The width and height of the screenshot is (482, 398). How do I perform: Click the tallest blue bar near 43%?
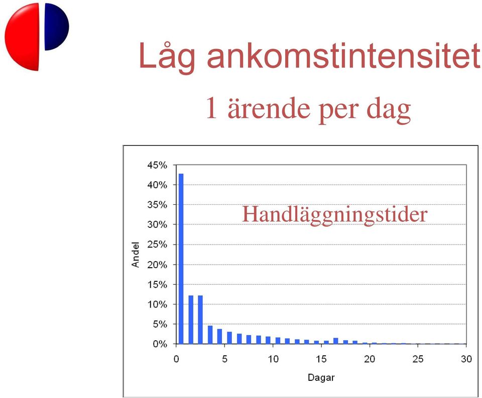[181, 259]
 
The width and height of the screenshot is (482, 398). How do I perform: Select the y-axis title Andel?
[135, 255]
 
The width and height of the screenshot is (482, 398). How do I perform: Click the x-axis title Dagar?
[321, 378]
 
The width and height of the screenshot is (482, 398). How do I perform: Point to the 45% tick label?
[157, 166]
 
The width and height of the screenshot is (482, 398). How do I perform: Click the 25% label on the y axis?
[157, 245]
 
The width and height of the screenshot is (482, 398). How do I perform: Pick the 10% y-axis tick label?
[157, 304]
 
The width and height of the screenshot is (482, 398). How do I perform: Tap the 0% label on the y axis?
[160, 344]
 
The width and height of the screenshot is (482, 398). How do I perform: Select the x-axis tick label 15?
[321, 359]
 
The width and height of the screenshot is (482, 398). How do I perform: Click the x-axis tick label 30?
[466, 359]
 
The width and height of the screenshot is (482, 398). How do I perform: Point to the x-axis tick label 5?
[225, 359]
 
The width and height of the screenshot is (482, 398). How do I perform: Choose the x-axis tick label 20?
[370, 359]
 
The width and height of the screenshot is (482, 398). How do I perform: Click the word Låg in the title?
[167, 56]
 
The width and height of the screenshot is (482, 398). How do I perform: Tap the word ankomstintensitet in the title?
[343, 55]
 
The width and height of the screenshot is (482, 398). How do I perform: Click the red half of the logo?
[22, 36]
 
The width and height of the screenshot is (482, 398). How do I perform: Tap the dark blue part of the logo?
[57, 27]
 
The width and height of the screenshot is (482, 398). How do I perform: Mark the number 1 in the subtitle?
[211, 108]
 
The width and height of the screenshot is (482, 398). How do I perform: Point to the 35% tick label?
[157, 205]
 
